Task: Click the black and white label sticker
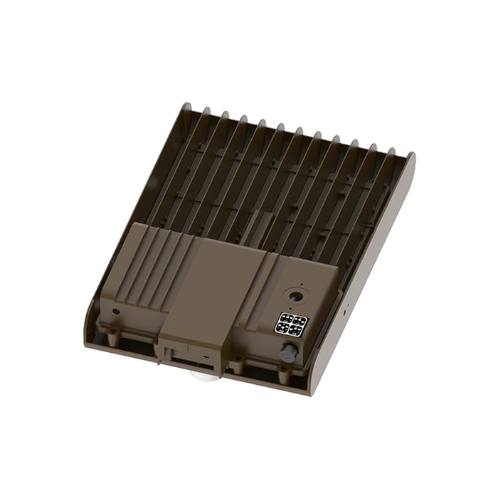pyautogui.click(x=291, y=323)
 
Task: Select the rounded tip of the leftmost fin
pyautogui.click(x=186, y=108)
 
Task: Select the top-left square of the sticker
pyautogui.click(x=286, y=317)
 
